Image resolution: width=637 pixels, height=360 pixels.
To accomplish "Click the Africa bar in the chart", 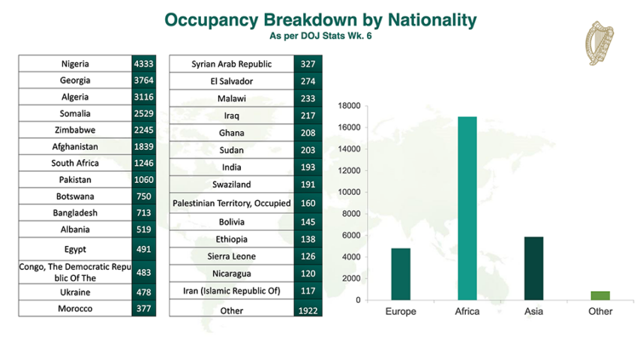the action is click(467, 208).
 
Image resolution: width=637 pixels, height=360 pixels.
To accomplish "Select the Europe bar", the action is click(401, 274).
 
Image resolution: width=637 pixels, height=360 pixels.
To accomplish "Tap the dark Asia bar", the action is click(533, 268).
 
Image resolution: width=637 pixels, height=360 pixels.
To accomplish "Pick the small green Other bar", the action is click(600, 295).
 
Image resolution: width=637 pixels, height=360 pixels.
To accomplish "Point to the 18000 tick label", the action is click(349, 106).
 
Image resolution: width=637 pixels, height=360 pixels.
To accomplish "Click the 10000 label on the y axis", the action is click(349, 193).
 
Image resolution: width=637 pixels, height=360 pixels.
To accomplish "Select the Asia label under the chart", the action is click(533, 311).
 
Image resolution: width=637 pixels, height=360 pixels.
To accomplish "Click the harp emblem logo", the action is click(599, 43).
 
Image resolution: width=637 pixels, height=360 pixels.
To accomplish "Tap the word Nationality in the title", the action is click(432, 19).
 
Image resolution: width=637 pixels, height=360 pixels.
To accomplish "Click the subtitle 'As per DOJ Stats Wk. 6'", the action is click(320, 36).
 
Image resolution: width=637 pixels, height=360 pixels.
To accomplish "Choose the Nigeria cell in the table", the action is click(75, 64).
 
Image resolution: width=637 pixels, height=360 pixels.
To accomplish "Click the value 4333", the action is click(144, 64).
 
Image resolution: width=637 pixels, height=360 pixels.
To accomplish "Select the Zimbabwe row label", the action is click(75, 130).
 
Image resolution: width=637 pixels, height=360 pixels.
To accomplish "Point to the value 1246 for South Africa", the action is click(144, 163).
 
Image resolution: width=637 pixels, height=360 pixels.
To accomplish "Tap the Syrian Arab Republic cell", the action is click(232, 64).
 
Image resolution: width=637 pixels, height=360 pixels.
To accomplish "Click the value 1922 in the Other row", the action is click(308, 311).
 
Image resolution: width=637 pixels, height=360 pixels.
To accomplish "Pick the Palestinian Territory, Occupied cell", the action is click(232, 203).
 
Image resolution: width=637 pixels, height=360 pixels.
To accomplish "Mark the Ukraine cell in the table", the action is click(75, 292).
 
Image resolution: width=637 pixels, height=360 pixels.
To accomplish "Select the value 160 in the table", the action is click(308, 203).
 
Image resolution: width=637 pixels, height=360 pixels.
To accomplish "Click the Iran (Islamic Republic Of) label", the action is click(232, 291).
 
